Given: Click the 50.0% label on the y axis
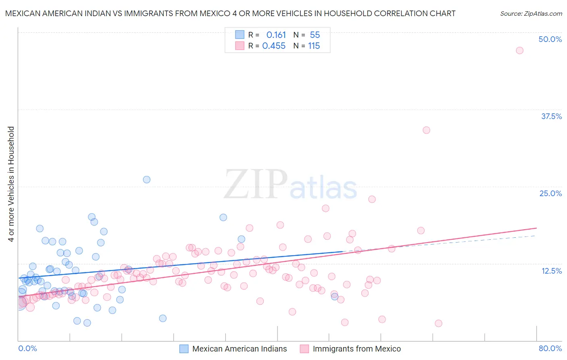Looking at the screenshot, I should (550, 39).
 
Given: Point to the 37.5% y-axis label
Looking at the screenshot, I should (551, 116).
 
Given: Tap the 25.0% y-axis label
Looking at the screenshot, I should (550, 193).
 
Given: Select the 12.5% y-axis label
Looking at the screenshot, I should (551, 271).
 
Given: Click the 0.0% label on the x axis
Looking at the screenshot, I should (27, 348).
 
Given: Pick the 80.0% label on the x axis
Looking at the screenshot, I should (550, 348).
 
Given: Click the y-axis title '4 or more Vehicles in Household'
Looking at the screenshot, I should (11, 184).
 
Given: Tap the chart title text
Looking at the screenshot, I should (230, 13).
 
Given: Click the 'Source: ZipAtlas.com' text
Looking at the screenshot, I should (531, 13).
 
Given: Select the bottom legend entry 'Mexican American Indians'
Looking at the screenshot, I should (240, 349).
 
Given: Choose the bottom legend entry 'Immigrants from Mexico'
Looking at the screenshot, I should (356, 349).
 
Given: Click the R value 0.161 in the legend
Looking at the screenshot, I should (276, 35).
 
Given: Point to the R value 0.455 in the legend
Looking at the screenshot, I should (274, 46).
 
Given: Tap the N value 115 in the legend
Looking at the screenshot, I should (314, 46).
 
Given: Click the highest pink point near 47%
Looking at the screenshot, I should (519, 50).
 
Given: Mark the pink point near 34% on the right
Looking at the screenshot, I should (426, 130).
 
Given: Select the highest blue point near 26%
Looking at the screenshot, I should (147, 180).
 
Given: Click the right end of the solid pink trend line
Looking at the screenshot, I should (536, 228).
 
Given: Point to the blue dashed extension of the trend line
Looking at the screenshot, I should (444, 243).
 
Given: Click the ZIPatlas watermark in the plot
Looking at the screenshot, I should (290, 185).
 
